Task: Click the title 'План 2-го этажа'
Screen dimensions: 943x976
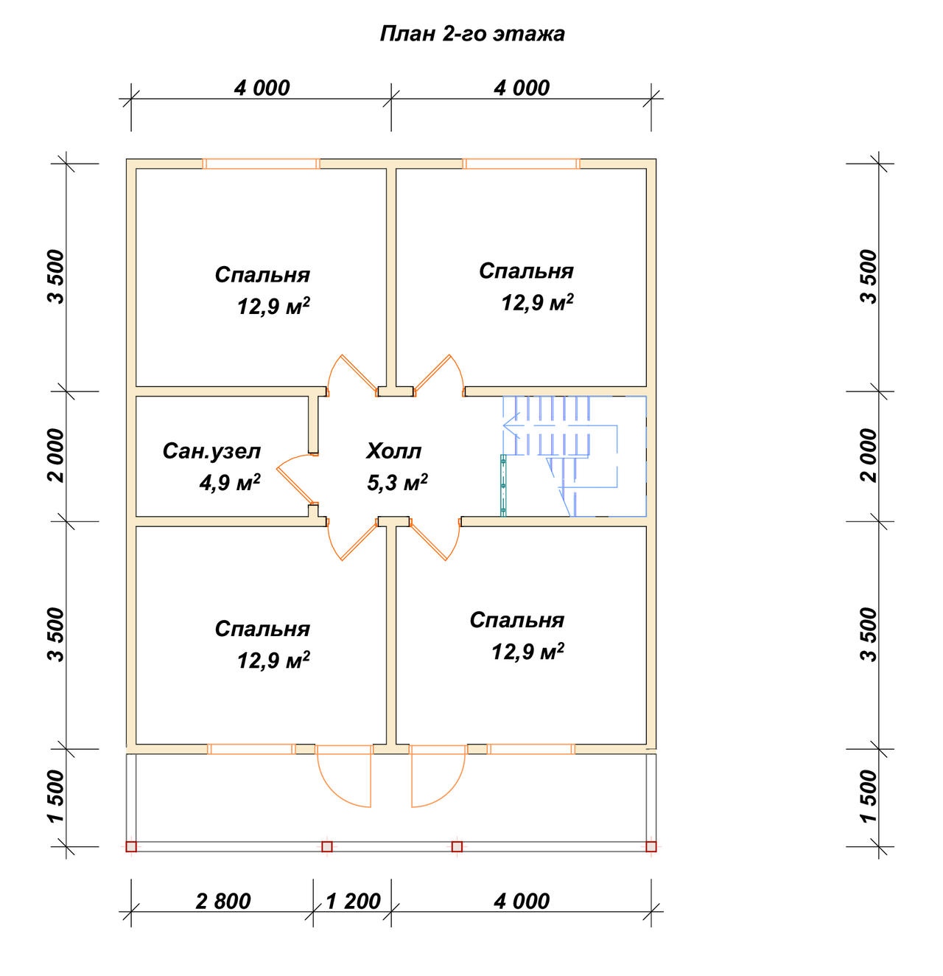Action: coord(471,34)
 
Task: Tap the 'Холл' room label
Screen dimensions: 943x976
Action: coord(393,451)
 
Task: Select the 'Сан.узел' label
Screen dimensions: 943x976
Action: coord(211,451)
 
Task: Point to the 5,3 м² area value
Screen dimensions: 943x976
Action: coord(397,483)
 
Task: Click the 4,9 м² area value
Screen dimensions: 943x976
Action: coord(230,483)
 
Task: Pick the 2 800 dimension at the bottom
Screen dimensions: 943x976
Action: coord(222,902)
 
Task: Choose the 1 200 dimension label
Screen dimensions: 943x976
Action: coord(353,902)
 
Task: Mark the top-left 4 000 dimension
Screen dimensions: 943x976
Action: coord(262,88)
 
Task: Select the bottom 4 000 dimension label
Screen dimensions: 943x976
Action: coord(522,902)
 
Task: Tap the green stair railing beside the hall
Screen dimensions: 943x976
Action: coord(503,485)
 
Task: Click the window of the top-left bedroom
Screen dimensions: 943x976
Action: coord(262,164)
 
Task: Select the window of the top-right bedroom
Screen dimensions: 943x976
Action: coord(521,164)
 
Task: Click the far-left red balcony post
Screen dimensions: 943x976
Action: coord(131,846)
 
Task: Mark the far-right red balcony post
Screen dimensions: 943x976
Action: coord(651,846)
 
